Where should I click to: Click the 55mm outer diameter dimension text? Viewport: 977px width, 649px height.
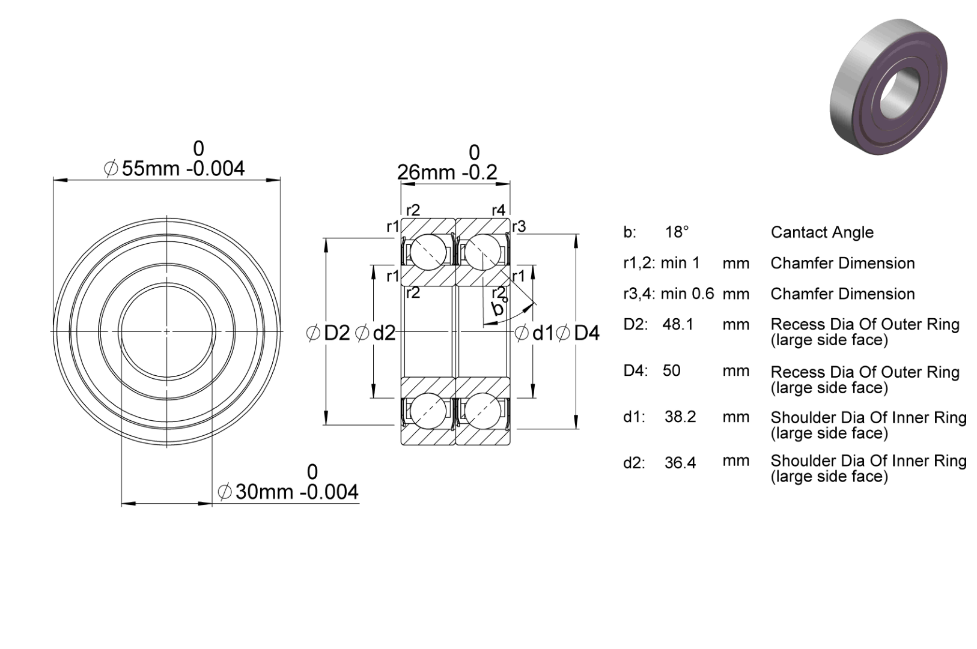(174, 169)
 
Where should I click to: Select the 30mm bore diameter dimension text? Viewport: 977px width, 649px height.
(288, 492)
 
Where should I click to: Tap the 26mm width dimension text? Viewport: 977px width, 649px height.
(447, 172)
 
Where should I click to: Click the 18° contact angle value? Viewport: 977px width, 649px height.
(677, 232)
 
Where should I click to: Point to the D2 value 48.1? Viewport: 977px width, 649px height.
(677, 324)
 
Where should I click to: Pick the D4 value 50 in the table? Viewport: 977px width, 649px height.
(671, 370)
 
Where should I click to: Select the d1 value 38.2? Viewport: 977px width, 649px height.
(680, 417)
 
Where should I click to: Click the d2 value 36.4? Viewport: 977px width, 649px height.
(680, 462)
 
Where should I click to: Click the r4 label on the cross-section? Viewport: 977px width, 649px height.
(498, 211)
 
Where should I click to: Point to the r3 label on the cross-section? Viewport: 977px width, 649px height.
(519, 226)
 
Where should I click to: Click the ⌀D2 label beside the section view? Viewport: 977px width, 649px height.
(328, 333)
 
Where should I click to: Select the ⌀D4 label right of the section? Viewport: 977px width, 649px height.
(578, 333)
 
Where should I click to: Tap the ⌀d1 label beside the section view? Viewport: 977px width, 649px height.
(534, 333)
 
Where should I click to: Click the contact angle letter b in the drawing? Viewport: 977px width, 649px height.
(498, 308)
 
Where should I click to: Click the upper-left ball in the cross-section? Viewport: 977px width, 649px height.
(428, 252)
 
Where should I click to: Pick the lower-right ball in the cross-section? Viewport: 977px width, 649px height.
(482, 411)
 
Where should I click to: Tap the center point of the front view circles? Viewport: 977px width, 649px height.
(167, 331)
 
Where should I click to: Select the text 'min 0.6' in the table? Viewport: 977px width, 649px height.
(687, 294)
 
